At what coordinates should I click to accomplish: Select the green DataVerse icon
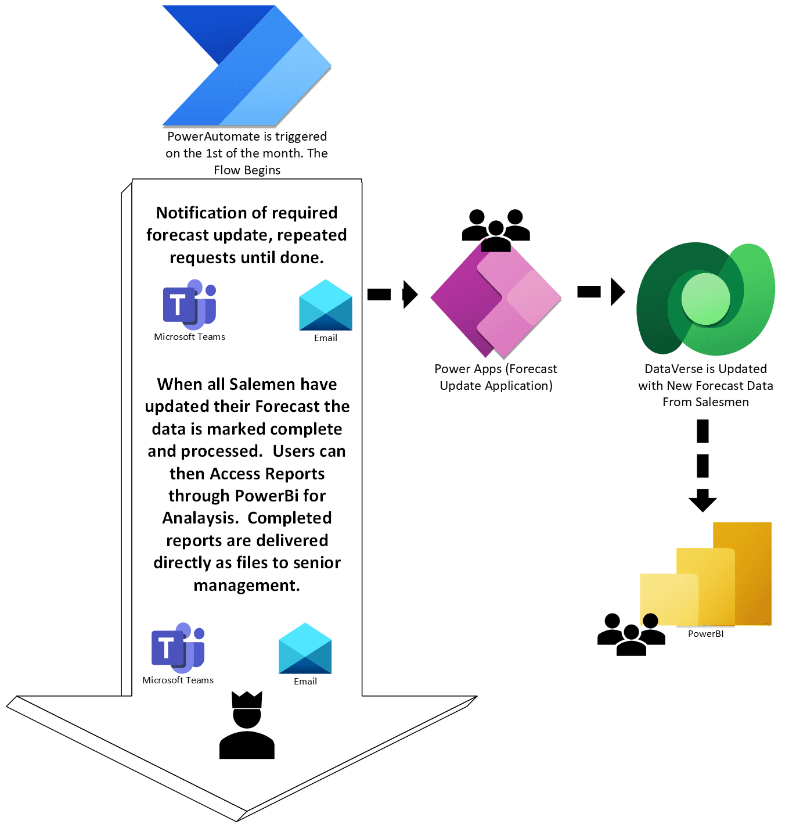coord(705,299)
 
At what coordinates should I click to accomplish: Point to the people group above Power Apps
coord(496,230)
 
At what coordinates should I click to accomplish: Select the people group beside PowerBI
coord(631,634)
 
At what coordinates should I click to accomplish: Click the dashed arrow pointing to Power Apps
coord(392,294)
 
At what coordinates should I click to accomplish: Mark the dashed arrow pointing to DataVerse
coord(601,292)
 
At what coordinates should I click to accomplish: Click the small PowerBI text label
coord(705,634)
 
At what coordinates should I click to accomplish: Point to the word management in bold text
coord(247,585)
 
